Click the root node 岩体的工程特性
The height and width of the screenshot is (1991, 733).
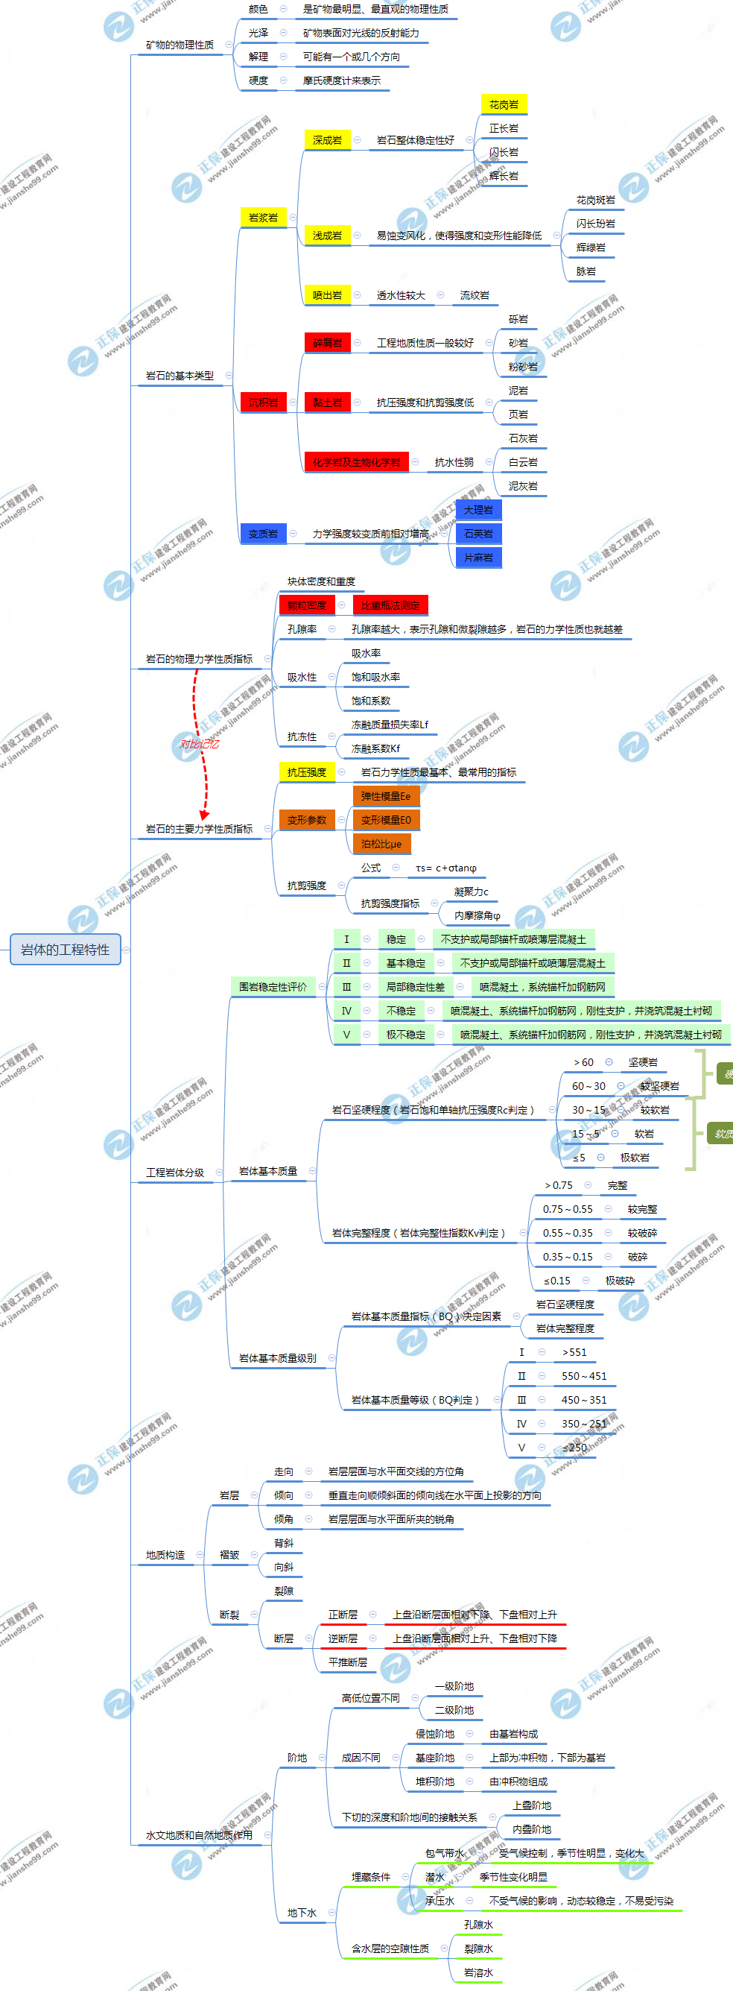(65, 949)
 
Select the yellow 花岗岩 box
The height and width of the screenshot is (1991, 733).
(504, 104)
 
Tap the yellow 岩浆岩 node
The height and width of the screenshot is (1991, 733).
(263, 217)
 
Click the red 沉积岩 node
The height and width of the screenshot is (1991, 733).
(263, 402)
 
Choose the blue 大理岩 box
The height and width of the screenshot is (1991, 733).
(478, 509)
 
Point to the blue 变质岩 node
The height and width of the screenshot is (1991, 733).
(263, 533)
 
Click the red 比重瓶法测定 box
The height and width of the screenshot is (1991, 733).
(390, 605)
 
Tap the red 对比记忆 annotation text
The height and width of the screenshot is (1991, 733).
(200, 743)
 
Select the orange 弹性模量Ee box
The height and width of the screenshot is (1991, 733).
(385, 795)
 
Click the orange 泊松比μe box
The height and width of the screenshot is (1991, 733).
(381, 843)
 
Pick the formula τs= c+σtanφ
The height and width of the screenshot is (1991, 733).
(445, 868)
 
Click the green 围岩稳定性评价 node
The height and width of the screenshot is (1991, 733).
(273, 986)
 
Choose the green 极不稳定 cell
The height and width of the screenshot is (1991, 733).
(405, 1034)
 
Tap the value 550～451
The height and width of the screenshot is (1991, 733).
(584, 1376)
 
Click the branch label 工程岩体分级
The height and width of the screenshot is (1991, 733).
(175, 1172)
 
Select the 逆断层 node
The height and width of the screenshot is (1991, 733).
(343, 1638)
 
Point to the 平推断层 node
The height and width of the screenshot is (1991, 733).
(348, 1662)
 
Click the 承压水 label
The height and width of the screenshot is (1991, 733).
(440, 1900)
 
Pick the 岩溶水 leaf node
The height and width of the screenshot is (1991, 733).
(478, 1972)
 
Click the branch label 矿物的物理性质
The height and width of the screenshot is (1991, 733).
(180, 45)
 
